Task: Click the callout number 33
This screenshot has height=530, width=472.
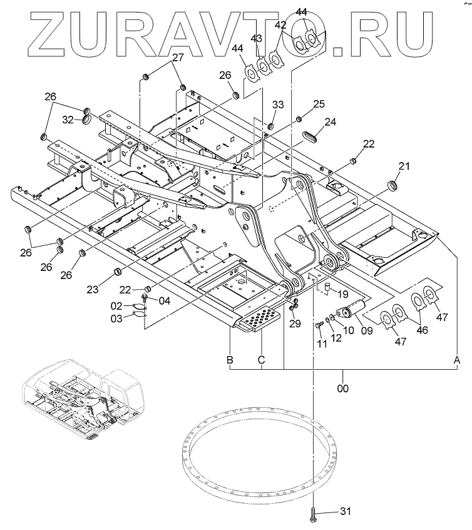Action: [277, 104]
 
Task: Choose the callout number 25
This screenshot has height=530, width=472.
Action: [319, 103]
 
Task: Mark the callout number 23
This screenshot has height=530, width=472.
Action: [93, 290]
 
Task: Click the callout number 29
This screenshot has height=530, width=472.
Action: [295, 324]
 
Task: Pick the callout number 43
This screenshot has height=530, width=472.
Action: [257, 39]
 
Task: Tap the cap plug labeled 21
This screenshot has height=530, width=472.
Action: [394, 186]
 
